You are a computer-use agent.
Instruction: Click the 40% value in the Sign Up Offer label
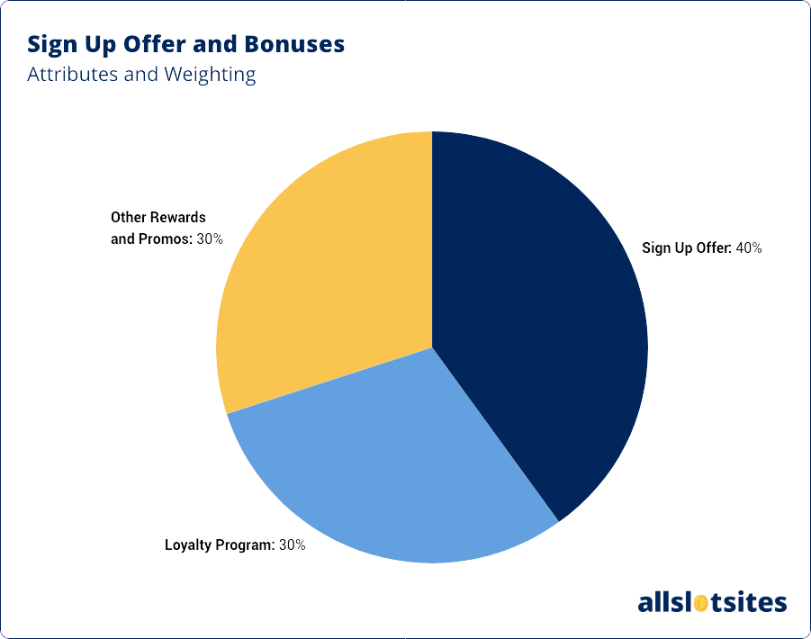point(748,248)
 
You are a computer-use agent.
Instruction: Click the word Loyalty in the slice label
point(186,544)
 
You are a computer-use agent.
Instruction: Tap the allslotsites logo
point(711,601)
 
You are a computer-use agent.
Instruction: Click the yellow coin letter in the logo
point(698,601)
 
